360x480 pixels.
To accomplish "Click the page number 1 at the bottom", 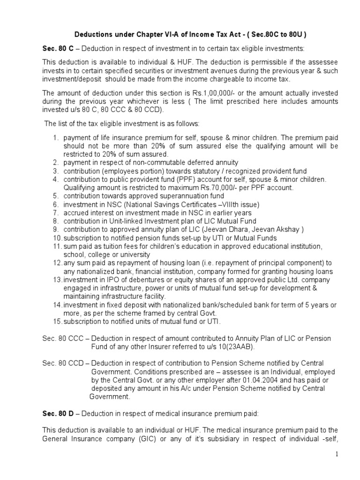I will coord(349,454).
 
